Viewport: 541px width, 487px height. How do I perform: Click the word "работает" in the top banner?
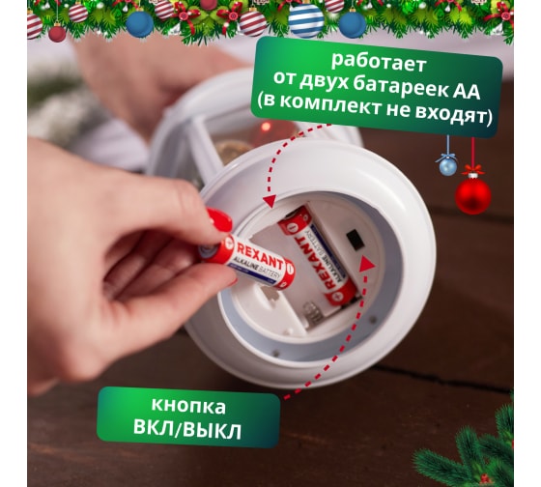pyautogui.click(x=379, y=62)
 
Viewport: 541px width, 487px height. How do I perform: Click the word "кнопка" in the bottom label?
pyautogui.click(x=188, y=406)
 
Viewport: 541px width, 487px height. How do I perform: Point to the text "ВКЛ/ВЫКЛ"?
pyautogui.click(x=187, y=429)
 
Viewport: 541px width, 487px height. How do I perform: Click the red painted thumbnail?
pyautogui.click(x=220, y=219)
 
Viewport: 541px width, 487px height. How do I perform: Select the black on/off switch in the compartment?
pyautogui.click(x=356, y=241)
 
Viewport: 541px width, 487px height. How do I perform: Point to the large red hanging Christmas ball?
pyautogui.click(x=472, y=195)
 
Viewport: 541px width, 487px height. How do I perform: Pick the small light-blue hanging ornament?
pyautogui.click(x=448, y=165)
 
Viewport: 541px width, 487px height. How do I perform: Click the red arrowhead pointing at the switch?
pyautogui.click(x=366, y=265)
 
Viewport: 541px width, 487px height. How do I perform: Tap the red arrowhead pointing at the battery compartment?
pyautogui.click(x=270, y=201)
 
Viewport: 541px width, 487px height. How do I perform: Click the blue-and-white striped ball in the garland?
pyautogui.click(x=305, y=20)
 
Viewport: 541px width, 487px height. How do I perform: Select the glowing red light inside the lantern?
pyautogui.click(x=266, y=127)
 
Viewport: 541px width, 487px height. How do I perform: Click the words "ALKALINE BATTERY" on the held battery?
pyautogui.click(x=256, y=270)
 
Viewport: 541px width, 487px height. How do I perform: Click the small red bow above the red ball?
pyautogui.click(x=472, y=170)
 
